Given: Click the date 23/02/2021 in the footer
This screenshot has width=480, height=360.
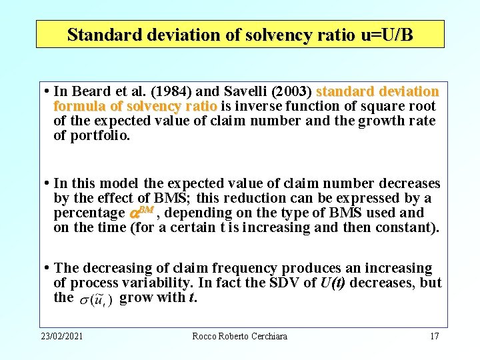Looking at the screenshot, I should coord(61,336).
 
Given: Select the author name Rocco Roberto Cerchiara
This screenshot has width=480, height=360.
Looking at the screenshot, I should coord(239,336).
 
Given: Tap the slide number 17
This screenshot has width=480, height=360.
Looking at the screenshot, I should coord(434,336).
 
